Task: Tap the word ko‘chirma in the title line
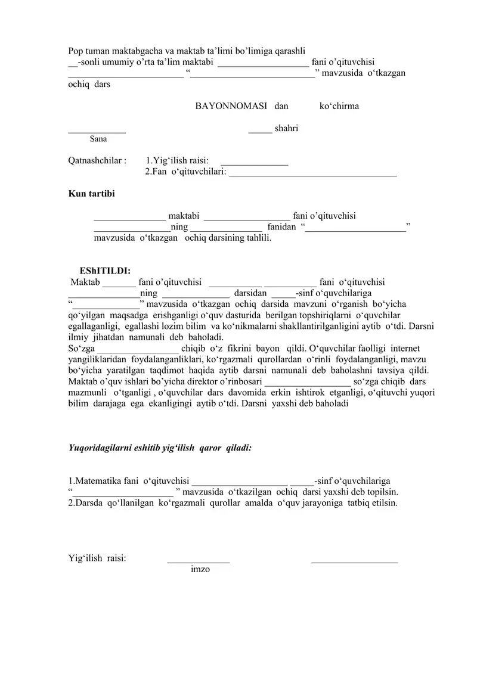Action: tap(339, 107)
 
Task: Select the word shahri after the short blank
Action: tap(287, 129)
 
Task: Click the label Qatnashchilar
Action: tap(97, 160)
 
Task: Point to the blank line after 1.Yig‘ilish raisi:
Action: tap(254, 163)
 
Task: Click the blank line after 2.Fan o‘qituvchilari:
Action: tap(312, 175)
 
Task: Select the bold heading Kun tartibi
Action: tap(92, 194)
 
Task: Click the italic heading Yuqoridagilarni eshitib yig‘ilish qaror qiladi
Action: tap(160, 447)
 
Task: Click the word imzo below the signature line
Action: tap(200, 570)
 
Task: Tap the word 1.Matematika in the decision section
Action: tap(96, 481)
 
